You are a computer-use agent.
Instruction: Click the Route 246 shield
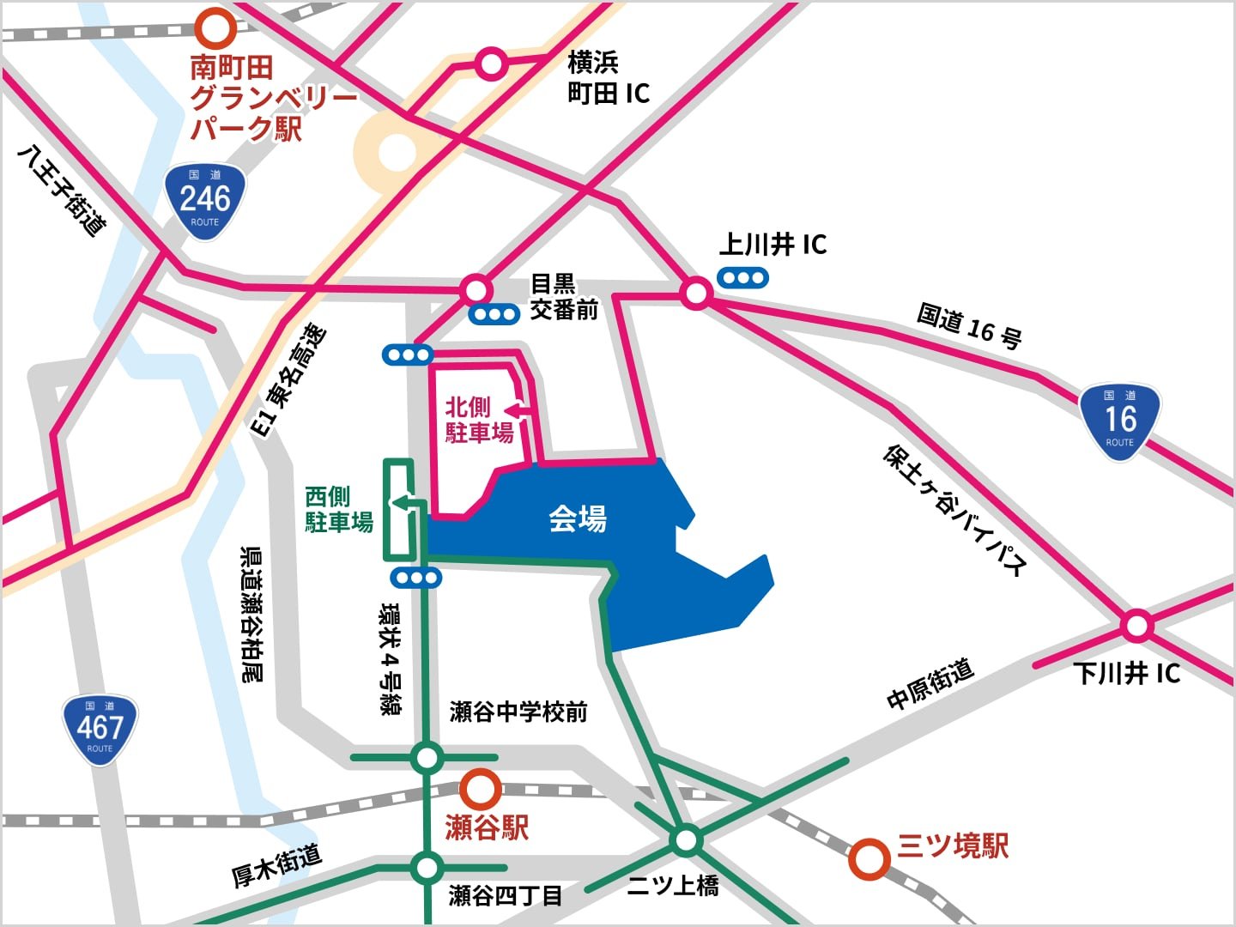(205, 201)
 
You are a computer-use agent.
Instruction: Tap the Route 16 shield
(1119, 421)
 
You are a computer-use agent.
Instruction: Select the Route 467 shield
(100, 730)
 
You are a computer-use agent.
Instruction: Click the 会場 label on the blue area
(578, 518)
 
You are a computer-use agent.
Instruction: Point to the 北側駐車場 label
(479, 420)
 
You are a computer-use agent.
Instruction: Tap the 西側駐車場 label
(339, 509)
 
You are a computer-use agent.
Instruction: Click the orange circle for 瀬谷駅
(480, 788)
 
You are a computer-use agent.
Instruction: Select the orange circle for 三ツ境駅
(869, 858)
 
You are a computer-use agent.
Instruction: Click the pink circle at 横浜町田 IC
(492, 64)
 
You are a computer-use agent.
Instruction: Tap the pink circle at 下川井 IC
(1136, 626)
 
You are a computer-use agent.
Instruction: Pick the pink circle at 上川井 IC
(696, 294)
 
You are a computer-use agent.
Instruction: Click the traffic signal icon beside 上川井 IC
(743, 277)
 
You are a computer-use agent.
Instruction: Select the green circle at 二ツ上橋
(686, 839)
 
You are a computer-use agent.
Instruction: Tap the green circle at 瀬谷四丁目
(427, 868)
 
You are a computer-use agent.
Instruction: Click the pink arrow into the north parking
(519, 411)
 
